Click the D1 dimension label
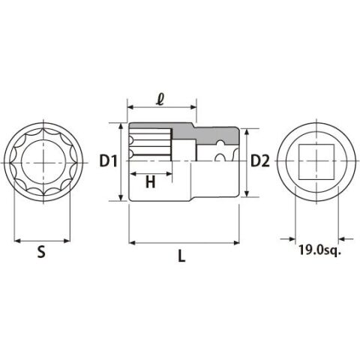[x=108, y=160]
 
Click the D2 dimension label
[x=260, y=160]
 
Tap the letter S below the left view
[x=41, y=252]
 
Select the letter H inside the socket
[x=151, y=181]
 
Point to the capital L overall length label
[x=181, y=256]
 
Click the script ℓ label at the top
[x=159, y=100]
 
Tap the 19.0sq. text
[x=320, y=250]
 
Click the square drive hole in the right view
[x=316, y=162]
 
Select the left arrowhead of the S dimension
[x=17, y=241]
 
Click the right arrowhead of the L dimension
[x=236, y=242]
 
